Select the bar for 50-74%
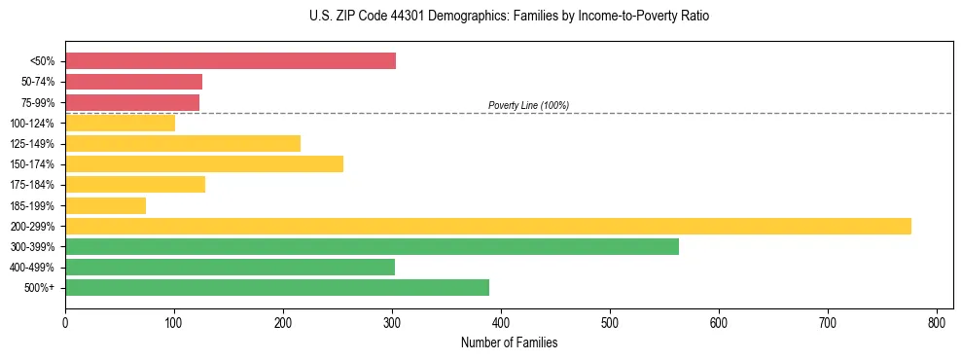tap(133, 82)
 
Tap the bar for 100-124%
tap(120, 123)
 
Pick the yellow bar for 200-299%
tap(488, 226)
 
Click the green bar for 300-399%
tap(372, 246)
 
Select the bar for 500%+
tap(277, 287)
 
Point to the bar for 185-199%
tap(105, 205)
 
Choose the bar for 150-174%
tap(204, 163)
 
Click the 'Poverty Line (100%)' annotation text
tap(528, 105)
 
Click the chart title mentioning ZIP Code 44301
tap(509, 17)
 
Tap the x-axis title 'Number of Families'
tap(509, 342)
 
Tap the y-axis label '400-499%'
tap(32, 268)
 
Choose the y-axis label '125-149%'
tap(32, 144)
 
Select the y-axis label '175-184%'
tap(32, 185)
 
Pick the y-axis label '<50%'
tap(42, 61)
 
